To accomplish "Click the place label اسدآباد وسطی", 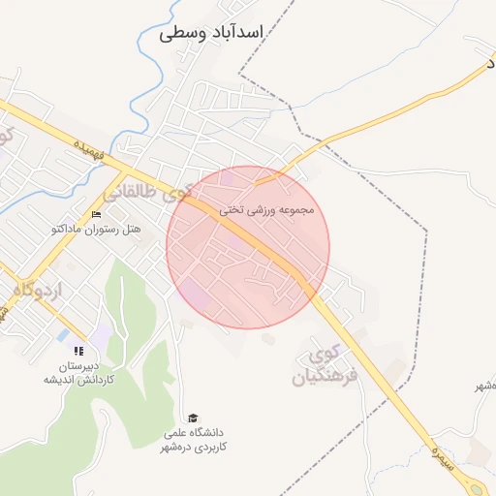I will pos(211,33).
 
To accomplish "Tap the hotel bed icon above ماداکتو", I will pos(95,215).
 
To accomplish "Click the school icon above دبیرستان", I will pos(78,351).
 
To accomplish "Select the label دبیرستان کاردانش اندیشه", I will pos(78,373).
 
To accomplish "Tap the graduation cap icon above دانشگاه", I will pos(194,418).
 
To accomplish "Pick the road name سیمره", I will pos(437,449).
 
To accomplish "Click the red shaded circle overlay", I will pos(248,247).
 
